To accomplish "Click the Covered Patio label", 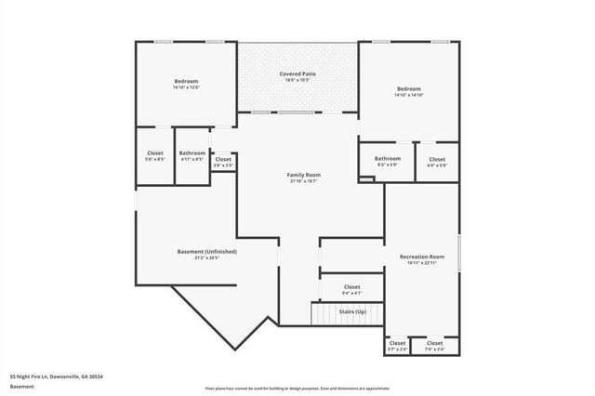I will pyautogui.click(x=297, y=73).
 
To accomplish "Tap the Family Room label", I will pyautogui.click(x=303, y=175).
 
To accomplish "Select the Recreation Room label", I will pyautogui.click(x=421, y=256).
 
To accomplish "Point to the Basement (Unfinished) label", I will pyautogui.click(x=206, y=252).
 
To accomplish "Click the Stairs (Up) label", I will pyautogui.click(x=352, y=311).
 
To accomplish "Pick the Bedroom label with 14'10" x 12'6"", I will pyautogui.click(x=186, y=82).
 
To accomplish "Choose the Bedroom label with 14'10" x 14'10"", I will pyautogui.click(x=408, y=89).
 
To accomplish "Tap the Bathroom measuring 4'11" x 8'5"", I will pyautogui.click(x=192, y=153).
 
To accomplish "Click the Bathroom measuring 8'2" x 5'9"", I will pyautogui.click(x=388, y=159).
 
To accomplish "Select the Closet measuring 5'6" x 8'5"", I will pyautogui.click(x=155, y=153).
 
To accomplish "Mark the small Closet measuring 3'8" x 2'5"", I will pyautogui.click(x=223, y=159).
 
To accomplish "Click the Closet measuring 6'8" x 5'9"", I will pyautogui.click(x=437, y=159).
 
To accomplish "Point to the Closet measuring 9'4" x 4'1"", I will pyautogui.click(x=351, y=287).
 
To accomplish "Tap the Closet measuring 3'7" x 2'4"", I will pyautogui.click(x=397, y=343).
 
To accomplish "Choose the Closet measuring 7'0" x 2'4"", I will pyautogui.click(x=434, y=343).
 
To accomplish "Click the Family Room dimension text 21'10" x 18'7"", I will pyautogui.click(x=303, y=181).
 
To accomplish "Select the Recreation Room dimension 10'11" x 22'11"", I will pyautogui.click(x=421, y=263).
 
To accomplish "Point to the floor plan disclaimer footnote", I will pyautogui.click(x=297, y=387).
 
